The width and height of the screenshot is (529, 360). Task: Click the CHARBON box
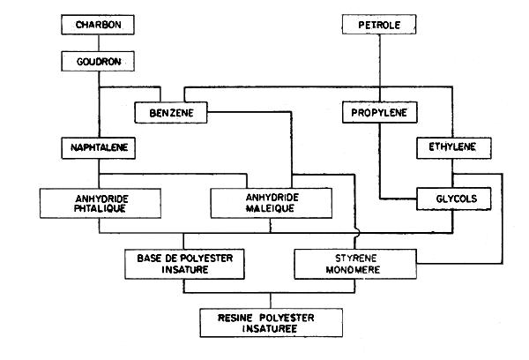click(x=98, y=25)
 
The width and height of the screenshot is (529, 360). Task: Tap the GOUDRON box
click(x=98, y=62)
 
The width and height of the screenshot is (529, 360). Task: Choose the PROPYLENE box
click(x=379, y=114)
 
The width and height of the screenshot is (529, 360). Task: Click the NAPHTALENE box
click(x=98, y=146)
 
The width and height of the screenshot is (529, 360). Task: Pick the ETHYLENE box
click(x=451, y=146)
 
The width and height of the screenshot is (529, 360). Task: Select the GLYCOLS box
click(x=451, y=199)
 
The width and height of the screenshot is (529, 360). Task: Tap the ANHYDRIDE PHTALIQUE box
click(x=98, y=204)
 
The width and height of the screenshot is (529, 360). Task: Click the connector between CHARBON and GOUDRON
click(x=98, y=43)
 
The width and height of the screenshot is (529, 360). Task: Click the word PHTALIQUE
click(x=98, y=210)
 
